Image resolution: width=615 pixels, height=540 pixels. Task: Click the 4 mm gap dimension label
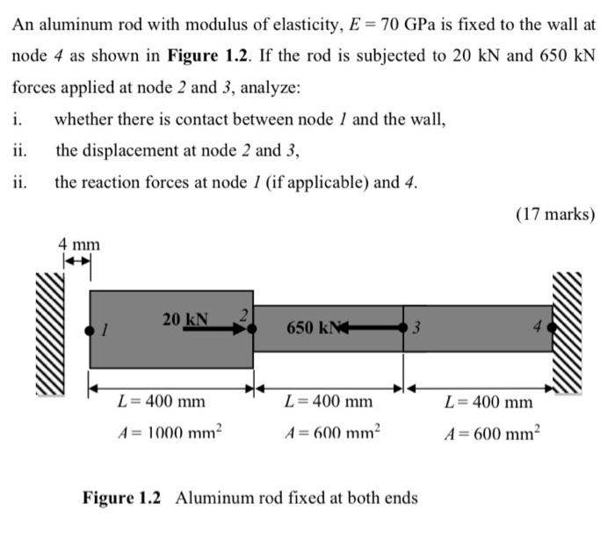pyautogui.click(x=79, y=244)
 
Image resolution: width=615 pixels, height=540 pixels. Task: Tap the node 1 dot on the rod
pyautogui.click(x=90, y=330)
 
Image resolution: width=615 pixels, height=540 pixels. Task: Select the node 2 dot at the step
pyautogui.click(x=252, y=328)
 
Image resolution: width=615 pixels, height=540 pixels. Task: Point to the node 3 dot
pyautogui.click(x=403, y=328)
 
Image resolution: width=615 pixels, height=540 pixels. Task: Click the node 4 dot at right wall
pyautogui.click(x=552, y=328)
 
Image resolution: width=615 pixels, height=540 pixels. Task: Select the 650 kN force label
pyautogui.click(x=311, y=328)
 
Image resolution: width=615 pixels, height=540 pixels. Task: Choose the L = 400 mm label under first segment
pyautogui.click(x=162, y=402)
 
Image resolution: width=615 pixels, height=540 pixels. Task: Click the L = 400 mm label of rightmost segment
pyautogui.click(x=488, y=402)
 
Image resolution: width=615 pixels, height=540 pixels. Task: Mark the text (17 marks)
pyautogui.click(x=557, y=215)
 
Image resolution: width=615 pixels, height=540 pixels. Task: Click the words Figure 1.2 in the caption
pyautogui.click(x=122, y=498)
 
